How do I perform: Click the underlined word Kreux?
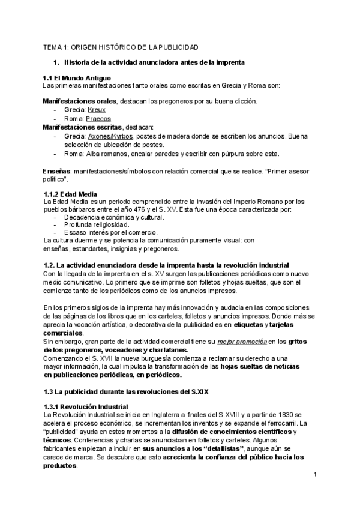[97, 110]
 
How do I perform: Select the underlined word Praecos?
[98, 119]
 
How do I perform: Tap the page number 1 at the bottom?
[314, 475]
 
